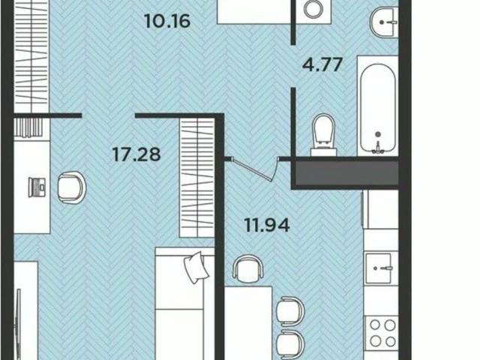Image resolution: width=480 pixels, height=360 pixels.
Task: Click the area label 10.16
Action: coord(167,21)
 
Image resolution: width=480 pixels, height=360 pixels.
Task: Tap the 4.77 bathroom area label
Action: coord(322,64)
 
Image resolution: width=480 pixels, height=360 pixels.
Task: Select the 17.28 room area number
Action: coord(136,154)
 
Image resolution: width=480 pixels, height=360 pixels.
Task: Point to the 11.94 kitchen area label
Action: coord(267,225)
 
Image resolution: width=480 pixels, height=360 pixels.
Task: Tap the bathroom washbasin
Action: coord(384,22)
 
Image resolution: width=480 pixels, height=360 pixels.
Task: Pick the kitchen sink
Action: coord(378,268)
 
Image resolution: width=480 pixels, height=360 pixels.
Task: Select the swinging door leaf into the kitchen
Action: coord(253,169)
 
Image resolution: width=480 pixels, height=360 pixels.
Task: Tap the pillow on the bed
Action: coord(196,267)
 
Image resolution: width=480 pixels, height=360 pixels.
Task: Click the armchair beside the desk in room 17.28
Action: coord(71,187)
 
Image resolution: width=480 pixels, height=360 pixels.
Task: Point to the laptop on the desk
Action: coord(37,187)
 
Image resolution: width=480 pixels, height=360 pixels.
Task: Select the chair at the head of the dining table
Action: coord(248,268)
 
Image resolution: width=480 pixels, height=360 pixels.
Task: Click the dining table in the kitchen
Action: coord(248,323)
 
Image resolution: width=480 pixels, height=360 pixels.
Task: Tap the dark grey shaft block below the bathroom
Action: coord(346,173)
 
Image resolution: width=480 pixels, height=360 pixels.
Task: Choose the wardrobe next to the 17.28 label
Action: coord(196,178)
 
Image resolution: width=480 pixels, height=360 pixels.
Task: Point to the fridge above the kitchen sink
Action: coord(380,209)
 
